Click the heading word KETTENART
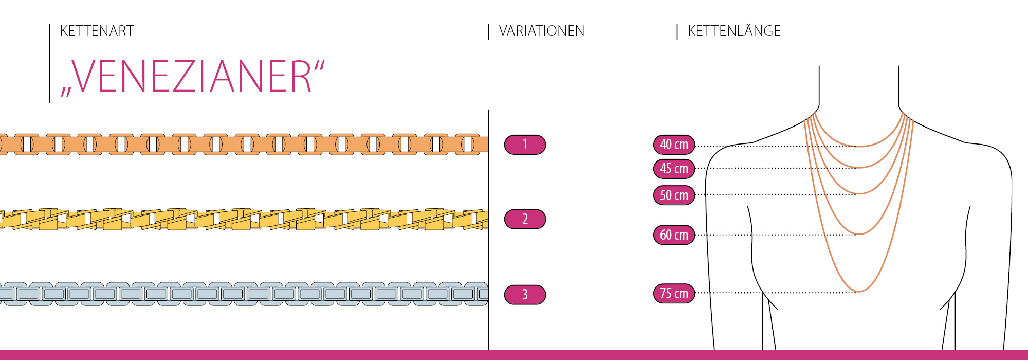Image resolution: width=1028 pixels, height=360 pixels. pyautogui.click(x=97, y=31)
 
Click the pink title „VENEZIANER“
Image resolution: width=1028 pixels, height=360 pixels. pyautogui.click(x=193, y=77)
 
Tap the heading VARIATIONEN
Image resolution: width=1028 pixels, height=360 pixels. pyautogui.click(x=541, y=31)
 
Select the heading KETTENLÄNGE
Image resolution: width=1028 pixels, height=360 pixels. pyautogui.click(x=733, y=31)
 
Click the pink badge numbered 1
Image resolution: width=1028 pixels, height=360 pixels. pyautogui.click(x=525, y=145)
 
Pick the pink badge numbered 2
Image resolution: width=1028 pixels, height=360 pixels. pyautogui.click(x=525, y=219)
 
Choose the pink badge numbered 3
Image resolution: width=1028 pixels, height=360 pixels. pyautogui.click(x=525, y=295)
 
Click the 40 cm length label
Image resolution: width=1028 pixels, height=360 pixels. pyautogui.click(x=674, y=145)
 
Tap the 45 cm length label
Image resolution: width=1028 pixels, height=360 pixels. pyautogui.click(x=674, y=169)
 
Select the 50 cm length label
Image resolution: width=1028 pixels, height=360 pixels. pyautogui.click(x=674, y=195)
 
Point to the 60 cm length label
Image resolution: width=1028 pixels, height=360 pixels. pyautogui.click(x=674, y=235)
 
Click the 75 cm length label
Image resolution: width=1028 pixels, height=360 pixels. pyautogui.click(x=674, y=294)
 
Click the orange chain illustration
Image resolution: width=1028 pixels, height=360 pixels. pyautogui.click(x=244, y=145)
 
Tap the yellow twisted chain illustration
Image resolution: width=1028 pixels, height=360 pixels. pyautogui.click(x=244, y=219)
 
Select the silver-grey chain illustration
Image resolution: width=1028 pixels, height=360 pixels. pyautogui.click(x=244, y=294)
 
